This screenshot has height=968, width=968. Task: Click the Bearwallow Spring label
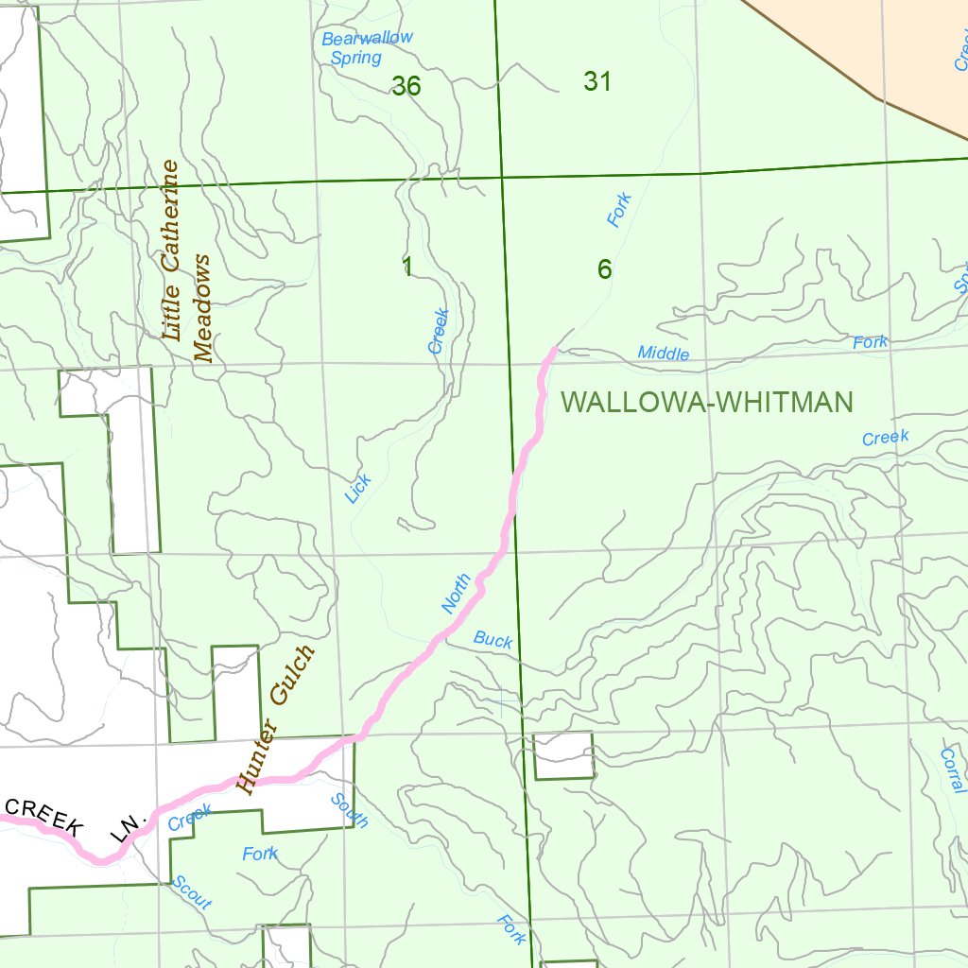tap(366, 47)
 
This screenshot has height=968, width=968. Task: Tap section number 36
tap(406, 86)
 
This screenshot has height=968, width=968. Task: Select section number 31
tap(597, 82)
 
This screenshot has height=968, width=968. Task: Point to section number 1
tap(407, 268)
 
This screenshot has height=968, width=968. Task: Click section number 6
tap(604, 269)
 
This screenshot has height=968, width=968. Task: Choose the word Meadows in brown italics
tap(203, 307)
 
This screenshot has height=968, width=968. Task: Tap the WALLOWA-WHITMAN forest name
tap(707, 403)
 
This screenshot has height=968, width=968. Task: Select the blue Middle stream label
tap(664, 353)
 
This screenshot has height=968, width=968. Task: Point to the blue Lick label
tap(358, 488)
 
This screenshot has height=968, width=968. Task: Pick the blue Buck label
tap(493, 640)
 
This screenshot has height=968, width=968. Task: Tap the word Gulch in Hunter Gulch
tap(292, 676)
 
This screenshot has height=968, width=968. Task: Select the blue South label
tap(349, 810)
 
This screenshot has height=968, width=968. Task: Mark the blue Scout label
tap(192, 891)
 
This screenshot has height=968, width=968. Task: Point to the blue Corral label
tap(952, 770)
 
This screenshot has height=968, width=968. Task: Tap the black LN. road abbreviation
tap(125, 826)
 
